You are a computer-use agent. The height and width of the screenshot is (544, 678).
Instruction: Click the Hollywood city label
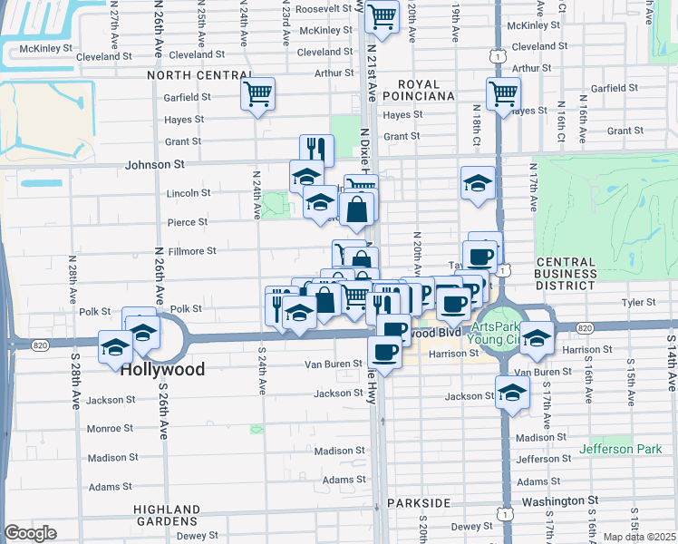[162, 369]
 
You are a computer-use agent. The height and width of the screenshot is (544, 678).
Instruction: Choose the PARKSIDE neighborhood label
[419, 502]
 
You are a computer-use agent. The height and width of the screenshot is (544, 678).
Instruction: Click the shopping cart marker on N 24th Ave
[258, 92]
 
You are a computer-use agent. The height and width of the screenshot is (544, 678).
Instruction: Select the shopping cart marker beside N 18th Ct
[502, 92]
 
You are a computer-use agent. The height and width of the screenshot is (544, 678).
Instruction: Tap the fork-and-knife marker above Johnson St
[316, 150]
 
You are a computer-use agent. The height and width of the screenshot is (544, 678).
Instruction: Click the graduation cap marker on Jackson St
[512, 392]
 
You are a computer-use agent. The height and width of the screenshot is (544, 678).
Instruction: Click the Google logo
[31, 533]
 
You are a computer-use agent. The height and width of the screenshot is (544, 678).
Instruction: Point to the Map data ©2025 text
[639, 538]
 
